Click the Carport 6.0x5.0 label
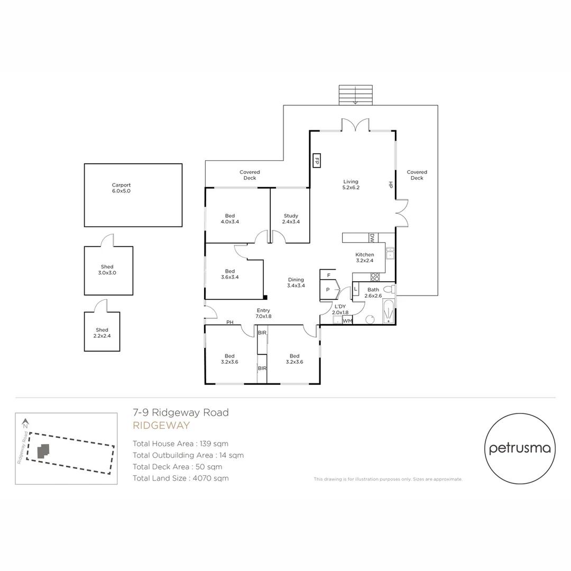121,188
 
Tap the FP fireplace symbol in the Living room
317,161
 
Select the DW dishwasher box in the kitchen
372,238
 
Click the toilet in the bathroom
389,290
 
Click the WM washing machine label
347,320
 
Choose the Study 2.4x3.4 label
290,218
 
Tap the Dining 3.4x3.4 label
296,282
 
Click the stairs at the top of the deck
355,95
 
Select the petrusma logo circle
520,448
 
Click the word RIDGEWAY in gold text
161,426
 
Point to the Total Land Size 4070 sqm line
181,478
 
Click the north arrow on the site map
25,423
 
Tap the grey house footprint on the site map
43,450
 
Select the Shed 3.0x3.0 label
107,270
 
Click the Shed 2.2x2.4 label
102,333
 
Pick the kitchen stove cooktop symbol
375,276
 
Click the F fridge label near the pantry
328,275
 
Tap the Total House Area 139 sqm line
180,444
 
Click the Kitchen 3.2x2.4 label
364,257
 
